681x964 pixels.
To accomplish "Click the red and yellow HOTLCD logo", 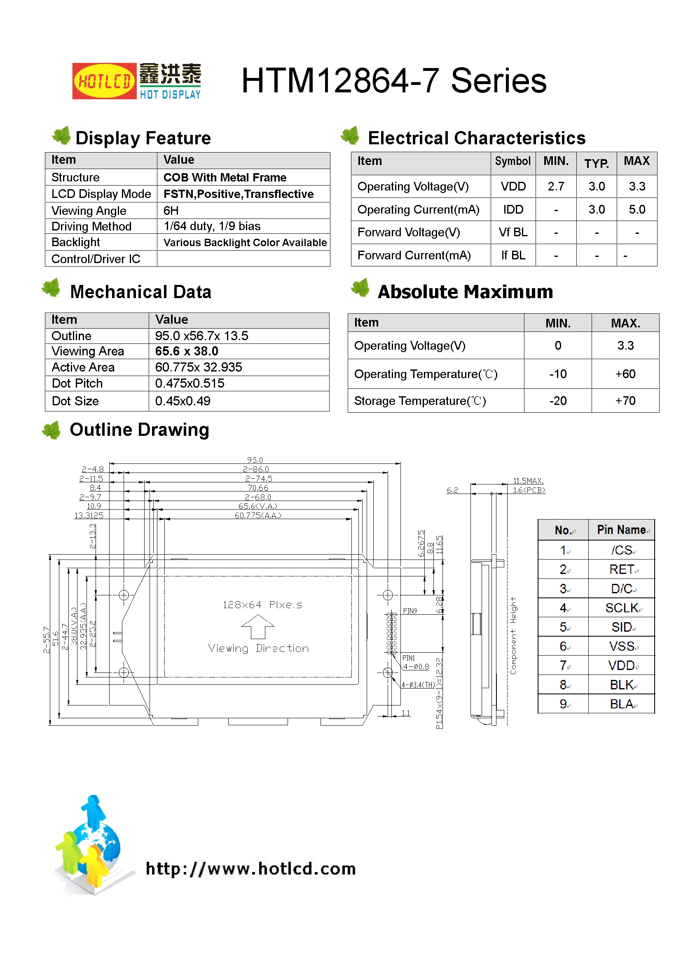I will (x=104, y=81).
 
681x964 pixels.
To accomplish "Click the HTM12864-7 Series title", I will (x=393, y=81).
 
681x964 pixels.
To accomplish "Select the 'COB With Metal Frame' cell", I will (x=225, y=178).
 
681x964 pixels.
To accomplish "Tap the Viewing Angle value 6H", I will (x=171, y=210).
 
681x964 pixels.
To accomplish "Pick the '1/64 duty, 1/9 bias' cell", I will (x=212, y=226).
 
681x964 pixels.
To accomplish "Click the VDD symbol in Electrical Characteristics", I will (x=513, y=186).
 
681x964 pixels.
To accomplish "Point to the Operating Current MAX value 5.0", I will (x=637, y=209).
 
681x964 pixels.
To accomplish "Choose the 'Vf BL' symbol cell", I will (x=513, y=232).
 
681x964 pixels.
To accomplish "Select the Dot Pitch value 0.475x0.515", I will (x=190, y=383).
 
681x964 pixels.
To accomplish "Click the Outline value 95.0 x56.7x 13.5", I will (x=201, y=336).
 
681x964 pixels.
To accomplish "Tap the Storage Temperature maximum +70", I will (x=625, y=401).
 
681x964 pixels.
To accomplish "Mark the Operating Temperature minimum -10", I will (x=558, y=374).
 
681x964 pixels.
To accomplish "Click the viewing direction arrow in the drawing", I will (x=257, y=626).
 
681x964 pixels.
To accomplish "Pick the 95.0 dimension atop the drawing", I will (x=255, y=460).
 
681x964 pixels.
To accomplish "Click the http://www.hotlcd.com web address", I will (x=250, y=869).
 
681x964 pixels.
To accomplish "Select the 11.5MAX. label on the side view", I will (x=528, y=481).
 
